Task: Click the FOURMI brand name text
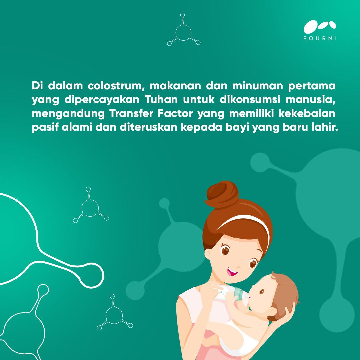(x=320, y=38)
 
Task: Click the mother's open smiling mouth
(x=232, y=272)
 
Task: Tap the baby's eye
(x=262, y=291)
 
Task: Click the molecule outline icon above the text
(x=183, y=32)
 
